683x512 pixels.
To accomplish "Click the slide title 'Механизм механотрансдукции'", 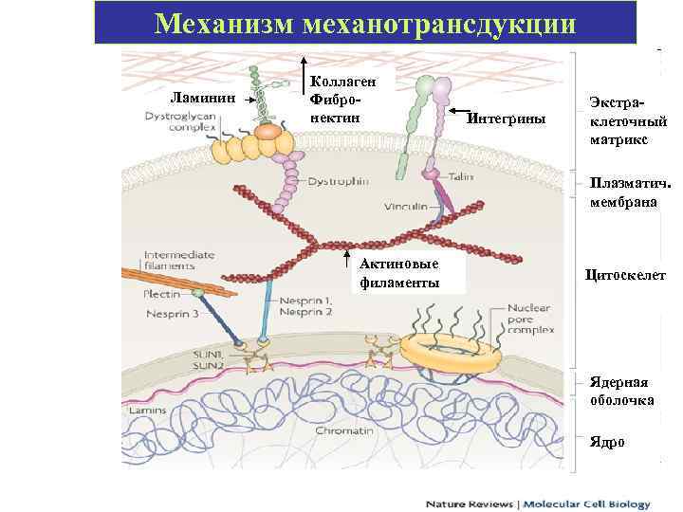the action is tap(364, 22).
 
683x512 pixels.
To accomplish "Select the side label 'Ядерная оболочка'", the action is tap(619, 391).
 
